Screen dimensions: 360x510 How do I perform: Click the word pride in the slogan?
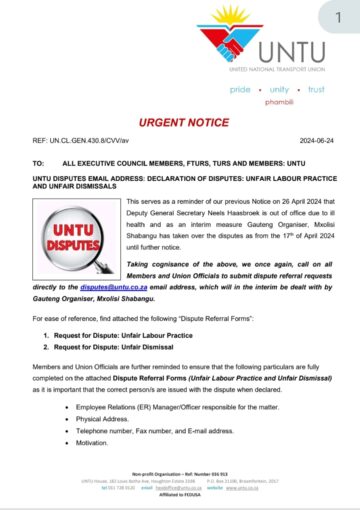tap(241, 89)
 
